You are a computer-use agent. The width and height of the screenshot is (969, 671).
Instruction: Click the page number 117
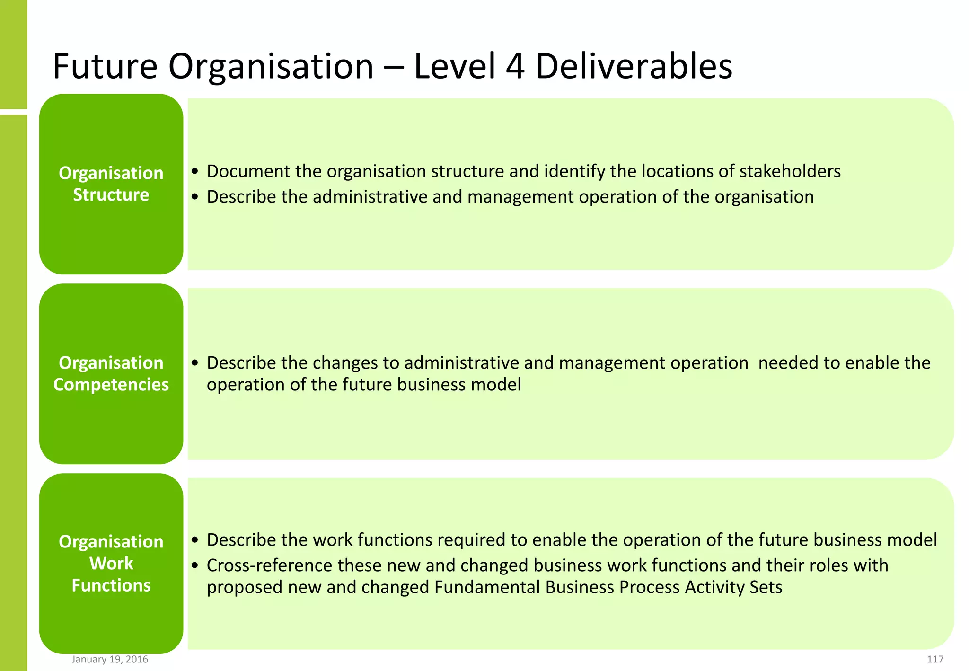(x=935, y=659)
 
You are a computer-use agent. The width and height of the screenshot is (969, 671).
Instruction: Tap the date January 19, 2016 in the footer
(x=110, y=659)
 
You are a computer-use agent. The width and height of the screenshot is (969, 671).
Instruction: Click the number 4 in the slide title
(x=515, y=66)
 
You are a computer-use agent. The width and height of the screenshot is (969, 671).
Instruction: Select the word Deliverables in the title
(x=634, y=66)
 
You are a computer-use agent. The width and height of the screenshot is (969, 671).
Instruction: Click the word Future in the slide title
(x=105, y=66)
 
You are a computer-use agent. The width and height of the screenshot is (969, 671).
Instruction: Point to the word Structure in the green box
(x=111, y=195)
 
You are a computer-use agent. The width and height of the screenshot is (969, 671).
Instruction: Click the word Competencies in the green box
(x=111, y=385)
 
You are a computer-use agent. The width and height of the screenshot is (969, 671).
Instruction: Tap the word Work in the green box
(x=111, y=564)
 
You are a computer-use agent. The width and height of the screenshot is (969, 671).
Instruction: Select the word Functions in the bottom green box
(x=111, y=586)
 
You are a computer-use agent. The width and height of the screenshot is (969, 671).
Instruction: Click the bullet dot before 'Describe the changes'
(x=194, y=363)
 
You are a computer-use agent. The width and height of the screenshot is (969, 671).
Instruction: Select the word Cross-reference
(x=269, y=565)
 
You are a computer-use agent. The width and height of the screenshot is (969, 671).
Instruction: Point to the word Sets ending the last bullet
(x=766, y=587)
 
